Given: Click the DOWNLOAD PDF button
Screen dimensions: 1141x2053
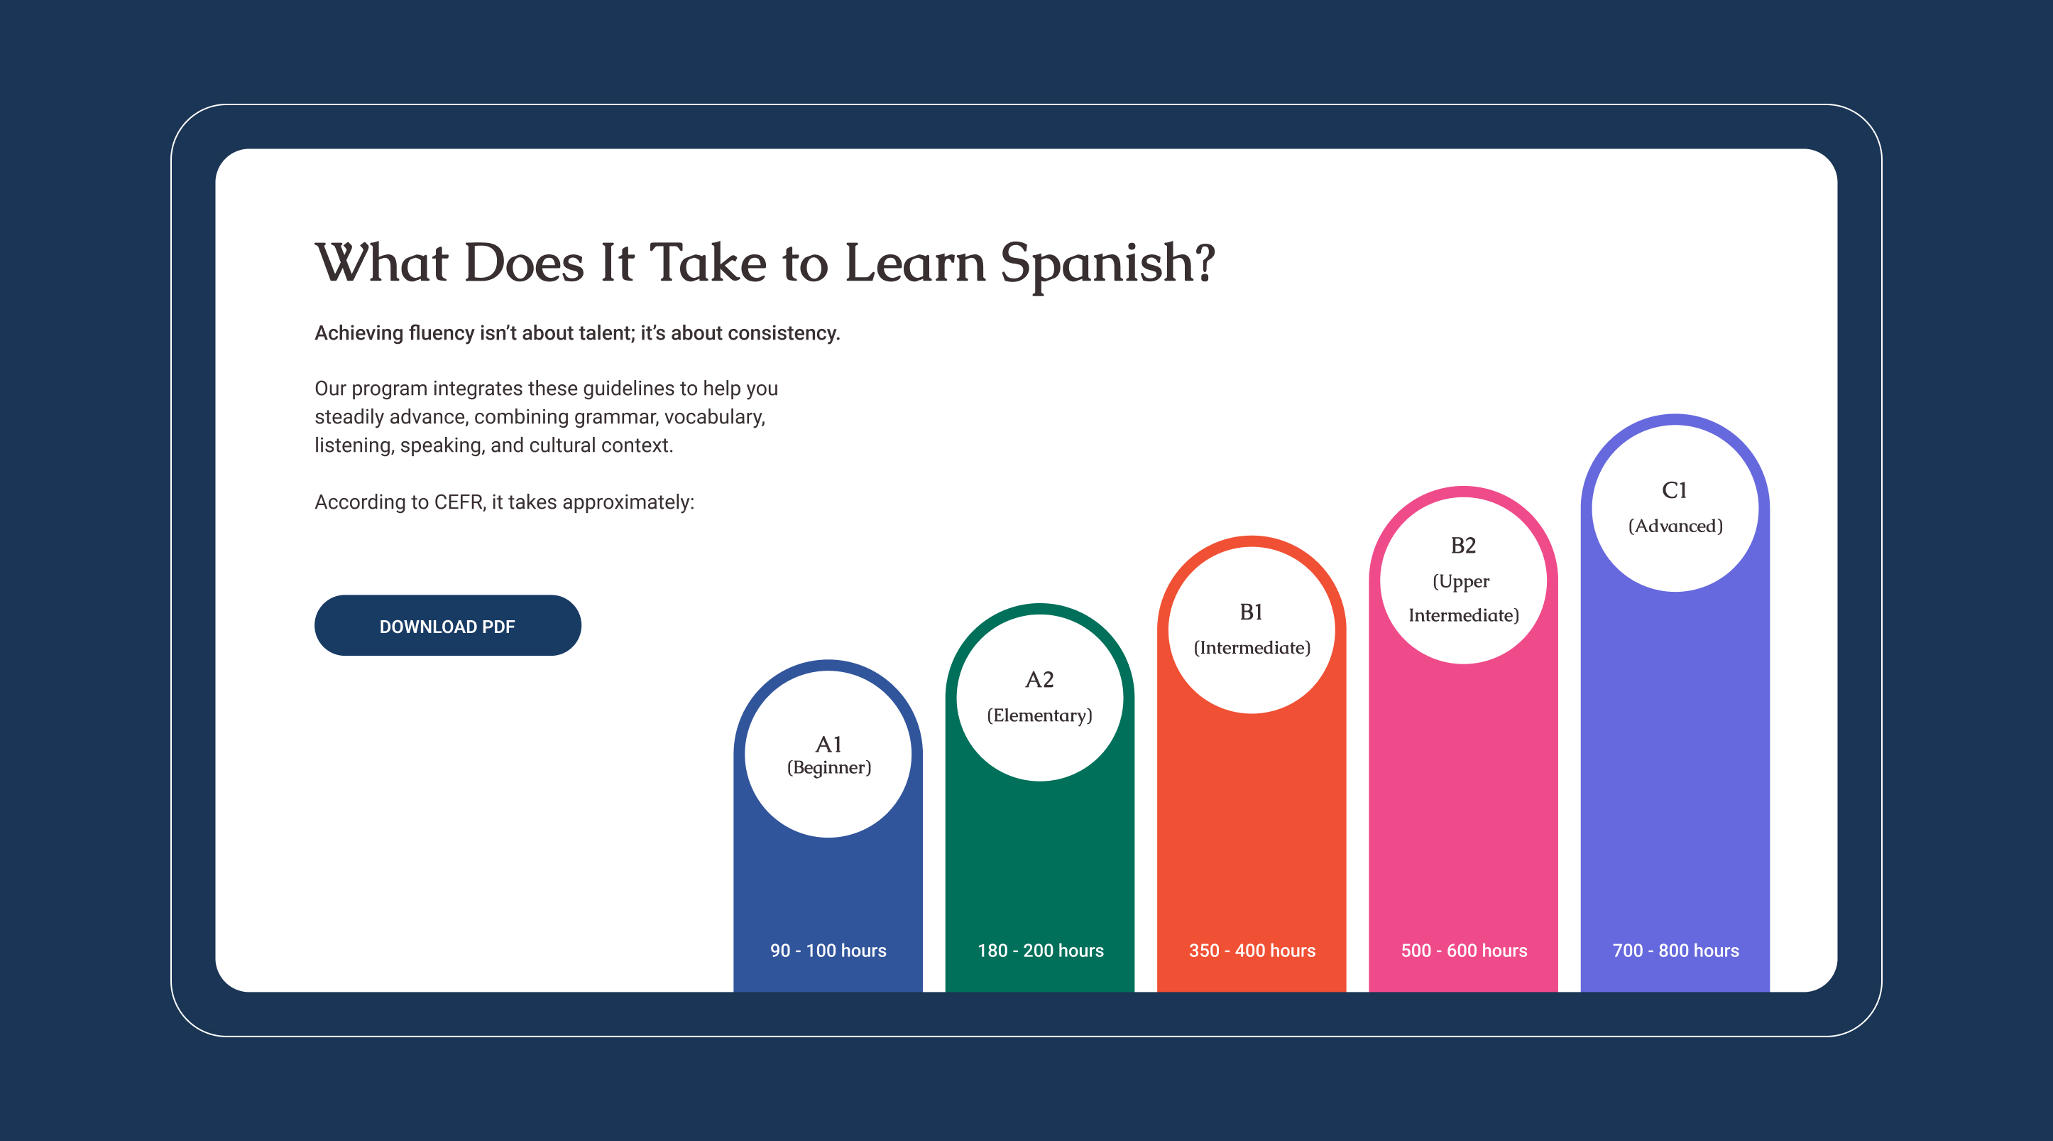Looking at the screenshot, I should coord(447,626).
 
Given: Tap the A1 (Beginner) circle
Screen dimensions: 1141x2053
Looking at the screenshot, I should coord(828,755).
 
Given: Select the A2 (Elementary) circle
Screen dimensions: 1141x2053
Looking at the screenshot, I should coord(1039,697).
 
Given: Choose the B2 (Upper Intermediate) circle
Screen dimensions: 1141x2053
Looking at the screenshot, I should coord(1463,580).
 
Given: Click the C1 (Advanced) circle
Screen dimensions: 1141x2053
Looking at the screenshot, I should coord(1675,508).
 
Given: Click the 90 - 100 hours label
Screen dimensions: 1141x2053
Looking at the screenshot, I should coord(828,951).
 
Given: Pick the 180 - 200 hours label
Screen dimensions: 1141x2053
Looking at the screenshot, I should coord(1040,951).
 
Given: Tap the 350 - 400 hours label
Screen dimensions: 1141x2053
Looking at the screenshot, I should coord(1252,951).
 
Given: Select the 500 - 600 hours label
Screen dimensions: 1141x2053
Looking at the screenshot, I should coord(1464,951).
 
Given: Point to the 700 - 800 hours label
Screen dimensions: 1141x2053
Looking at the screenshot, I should coord(1675,951).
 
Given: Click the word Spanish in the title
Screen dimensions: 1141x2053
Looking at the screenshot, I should coord(1108,264).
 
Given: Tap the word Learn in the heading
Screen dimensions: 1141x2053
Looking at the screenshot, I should coord(914,264).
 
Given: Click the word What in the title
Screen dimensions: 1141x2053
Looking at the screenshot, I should coord(382,264).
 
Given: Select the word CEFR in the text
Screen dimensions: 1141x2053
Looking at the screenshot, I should coord(459,502).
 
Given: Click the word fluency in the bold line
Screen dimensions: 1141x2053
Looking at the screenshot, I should coord(441,333).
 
